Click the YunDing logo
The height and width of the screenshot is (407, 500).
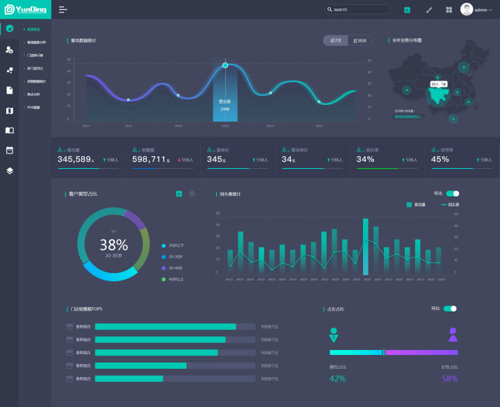(x=25, y=9)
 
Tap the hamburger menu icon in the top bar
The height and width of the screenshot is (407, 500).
(x=63, y=10)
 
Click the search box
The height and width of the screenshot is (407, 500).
(x=357, y=10)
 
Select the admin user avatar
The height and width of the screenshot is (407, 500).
(x=467, y=10)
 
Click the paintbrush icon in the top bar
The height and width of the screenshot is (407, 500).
(x=428, y=10)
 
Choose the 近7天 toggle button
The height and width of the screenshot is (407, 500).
(x=335, y=40)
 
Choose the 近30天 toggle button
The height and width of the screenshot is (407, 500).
(x=360, y=40)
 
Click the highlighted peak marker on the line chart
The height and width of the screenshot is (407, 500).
(x=225, y=65)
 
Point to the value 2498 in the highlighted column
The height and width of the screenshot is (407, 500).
(x=225, y=109)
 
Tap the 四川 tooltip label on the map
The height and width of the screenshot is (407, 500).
(x=438, y=84)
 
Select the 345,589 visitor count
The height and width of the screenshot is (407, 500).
(x=74, y=159)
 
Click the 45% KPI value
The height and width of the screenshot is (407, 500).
(x=440, y=159)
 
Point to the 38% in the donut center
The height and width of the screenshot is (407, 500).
(x=113, y=244)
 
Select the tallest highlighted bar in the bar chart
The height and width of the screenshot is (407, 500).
(x=366, y=247)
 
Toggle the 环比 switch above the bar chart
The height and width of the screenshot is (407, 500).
(x=452, y=193)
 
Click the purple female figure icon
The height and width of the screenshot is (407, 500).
(x=453, y=335)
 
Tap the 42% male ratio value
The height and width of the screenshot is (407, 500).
(x=337, y=379)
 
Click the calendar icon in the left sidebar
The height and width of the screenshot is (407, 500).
(x=10, y=149)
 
